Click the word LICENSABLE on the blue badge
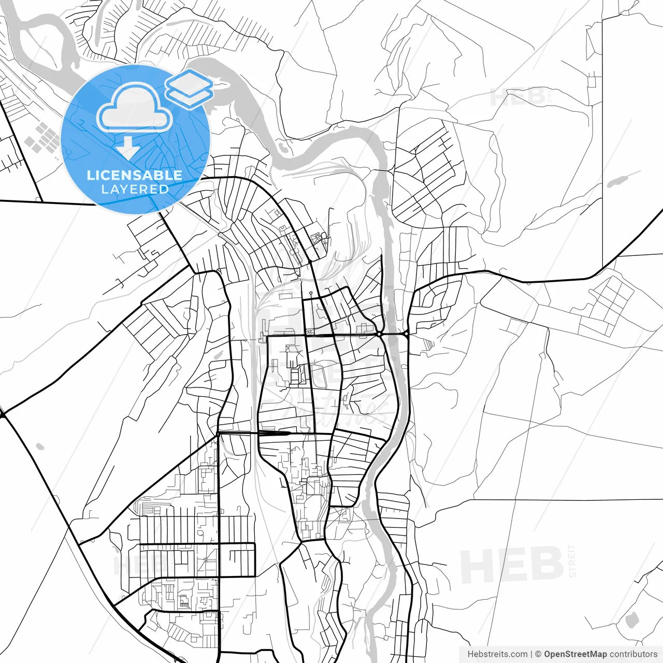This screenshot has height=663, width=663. coord(135,175)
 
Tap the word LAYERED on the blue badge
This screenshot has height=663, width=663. coord(135,189)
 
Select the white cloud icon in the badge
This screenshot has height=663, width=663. coord(135,108)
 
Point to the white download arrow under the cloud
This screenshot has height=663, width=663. coord(128,148)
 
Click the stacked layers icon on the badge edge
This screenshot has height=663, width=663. coord(189,88)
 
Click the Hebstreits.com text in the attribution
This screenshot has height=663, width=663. coord(497,654)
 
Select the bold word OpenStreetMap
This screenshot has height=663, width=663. coord(575,654)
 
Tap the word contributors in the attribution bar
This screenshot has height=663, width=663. coord(633,654)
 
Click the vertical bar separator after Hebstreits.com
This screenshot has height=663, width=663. coord(531,654)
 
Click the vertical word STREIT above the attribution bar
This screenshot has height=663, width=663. coord(572,560)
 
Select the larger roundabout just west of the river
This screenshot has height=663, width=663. coord(380,335)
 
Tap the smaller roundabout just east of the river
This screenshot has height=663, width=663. coord(407,334)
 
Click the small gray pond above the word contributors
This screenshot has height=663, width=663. coord(630,619)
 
